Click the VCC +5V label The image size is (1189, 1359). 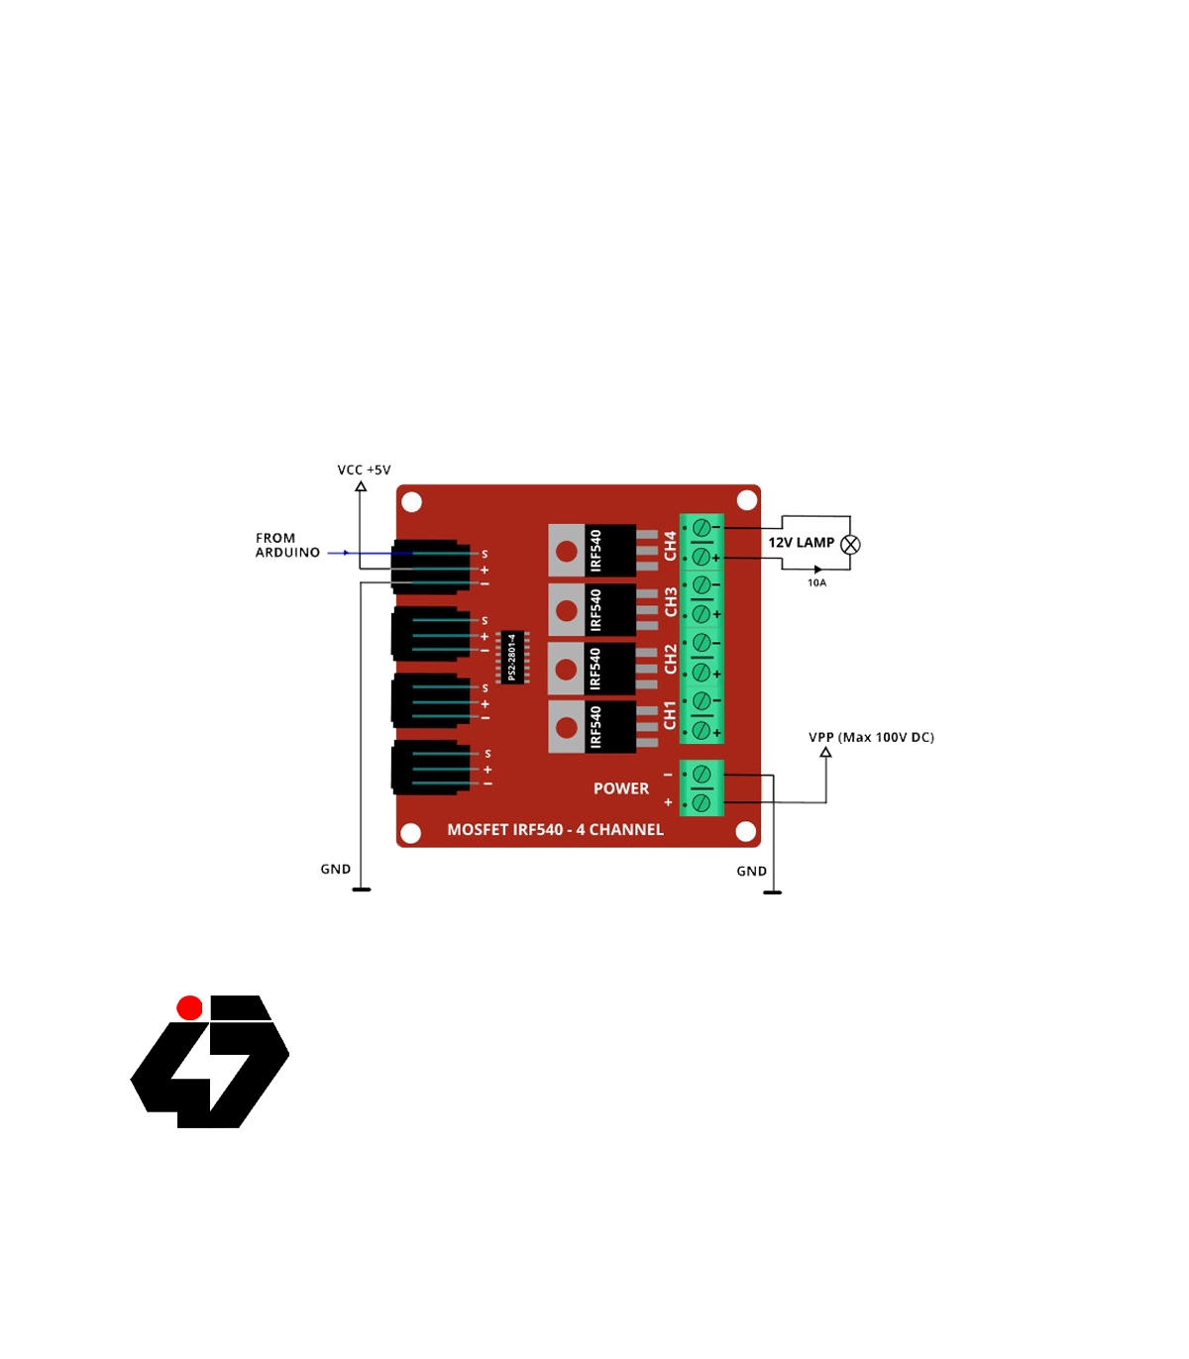[x=364, y=470]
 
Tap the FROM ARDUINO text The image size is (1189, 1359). [x=287, y=546]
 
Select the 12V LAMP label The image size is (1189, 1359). [x=801, y=543]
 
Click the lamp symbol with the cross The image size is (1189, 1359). [x=850, y=545]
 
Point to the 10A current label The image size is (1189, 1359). [x=816, y=583]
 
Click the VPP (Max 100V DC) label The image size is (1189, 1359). [x=871, y=737]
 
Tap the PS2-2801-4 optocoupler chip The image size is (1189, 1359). [x=511, y=657]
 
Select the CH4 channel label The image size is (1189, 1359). [x=670, y=546]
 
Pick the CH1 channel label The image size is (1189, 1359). [x=670, y=715]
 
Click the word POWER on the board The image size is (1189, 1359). [x=621, y=788]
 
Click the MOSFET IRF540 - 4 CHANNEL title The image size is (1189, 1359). [x=555, y=830]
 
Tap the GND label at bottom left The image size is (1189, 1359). [x=336, y=869]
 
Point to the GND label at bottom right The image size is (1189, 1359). [x=751, y=872]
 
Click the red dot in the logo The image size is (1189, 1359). [x=189, y=1008]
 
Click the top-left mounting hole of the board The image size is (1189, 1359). [x=412, y=502]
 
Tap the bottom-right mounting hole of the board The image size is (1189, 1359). [x=746, y=831]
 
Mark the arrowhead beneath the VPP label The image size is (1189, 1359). [x=825, y=753]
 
